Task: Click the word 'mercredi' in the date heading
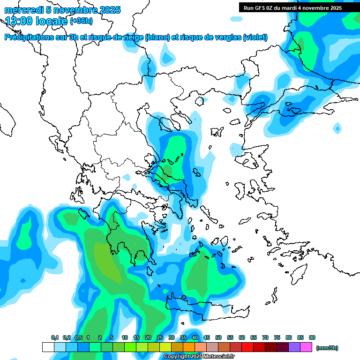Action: pyautogui.click(x=21, y=10)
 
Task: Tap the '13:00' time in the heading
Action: pyautogui.click(x=18, y=21)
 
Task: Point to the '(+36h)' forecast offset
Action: pyautogui.click(x=81, y=21)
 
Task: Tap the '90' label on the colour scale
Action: pyautogui.click(x=312, y=337)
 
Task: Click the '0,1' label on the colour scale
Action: pyautogui.click(x=55, y=337)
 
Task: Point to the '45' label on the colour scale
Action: pyautogui.click(x=207, y=337)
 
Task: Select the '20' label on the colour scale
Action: pyautogui.click(x=148, y=337)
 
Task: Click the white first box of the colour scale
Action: pyautogui.click(x=48, y=347)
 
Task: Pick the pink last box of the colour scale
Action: pyautogui.click(x=306, y=347)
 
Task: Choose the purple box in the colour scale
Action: pyautogui.click(x=294, y=347)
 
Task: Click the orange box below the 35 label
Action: pyautogui.click(x=189, y=347)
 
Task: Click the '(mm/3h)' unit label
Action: pyautogui.click(x=327, y=348)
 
